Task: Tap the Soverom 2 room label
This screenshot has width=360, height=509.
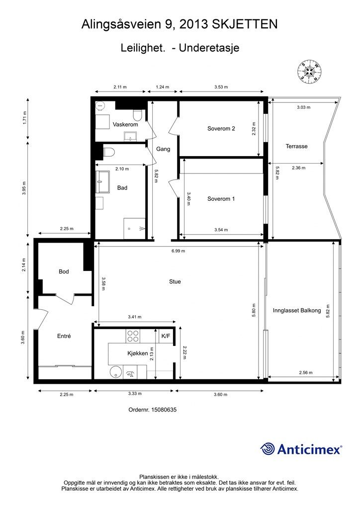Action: point(221,129)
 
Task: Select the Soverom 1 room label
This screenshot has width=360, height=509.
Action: point(221,199)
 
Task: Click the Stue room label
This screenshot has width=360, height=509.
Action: point(175,281)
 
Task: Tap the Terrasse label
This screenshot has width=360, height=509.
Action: point(296,146)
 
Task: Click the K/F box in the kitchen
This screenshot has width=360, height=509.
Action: point(165,336)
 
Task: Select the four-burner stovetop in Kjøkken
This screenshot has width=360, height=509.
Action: point(133,337)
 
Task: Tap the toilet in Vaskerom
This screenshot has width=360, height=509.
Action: point(138,116)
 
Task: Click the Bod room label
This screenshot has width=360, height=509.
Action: point(64,271)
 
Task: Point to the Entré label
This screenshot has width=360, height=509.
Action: point(64,336)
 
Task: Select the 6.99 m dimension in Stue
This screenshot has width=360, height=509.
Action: point(178,251)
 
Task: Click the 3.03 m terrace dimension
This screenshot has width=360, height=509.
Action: point(303,107)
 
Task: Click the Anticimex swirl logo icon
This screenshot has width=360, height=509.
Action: point(268,449)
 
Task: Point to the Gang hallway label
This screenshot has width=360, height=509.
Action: point(163,149)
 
